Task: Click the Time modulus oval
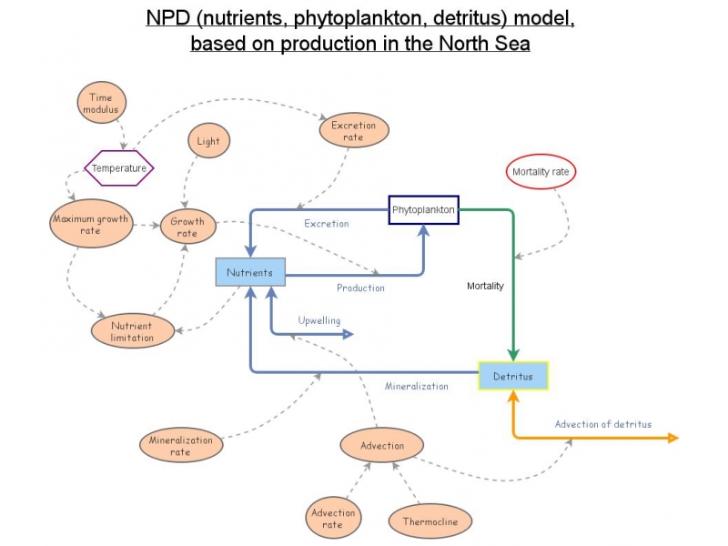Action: click(x=102, y=103)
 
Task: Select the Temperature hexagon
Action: click(x=119, y=167)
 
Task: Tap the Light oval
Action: click(x=208, y=142)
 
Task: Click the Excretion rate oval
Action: click(x=354, y=131)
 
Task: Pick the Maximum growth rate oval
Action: click(x=90, y=225)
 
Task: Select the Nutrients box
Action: click(x=250, y=272)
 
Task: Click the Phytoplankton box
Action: click(x=423, y=210)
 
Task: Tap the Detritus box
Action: click(x=513, y=376)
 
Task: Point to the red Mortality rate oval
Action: click(x=541, y=171)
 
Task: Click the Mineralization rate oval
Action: click(x=180, y=445)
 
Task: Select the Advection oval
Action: click(x=382, y=446)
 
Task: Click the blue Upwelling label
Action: click(x=319, y=320)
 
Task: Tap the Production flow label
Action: click(x=360, y=288)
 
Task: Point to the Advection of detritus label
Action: click(x=603, y=424)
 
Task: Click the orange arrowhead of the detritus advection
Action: click(x=673, y=438)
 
